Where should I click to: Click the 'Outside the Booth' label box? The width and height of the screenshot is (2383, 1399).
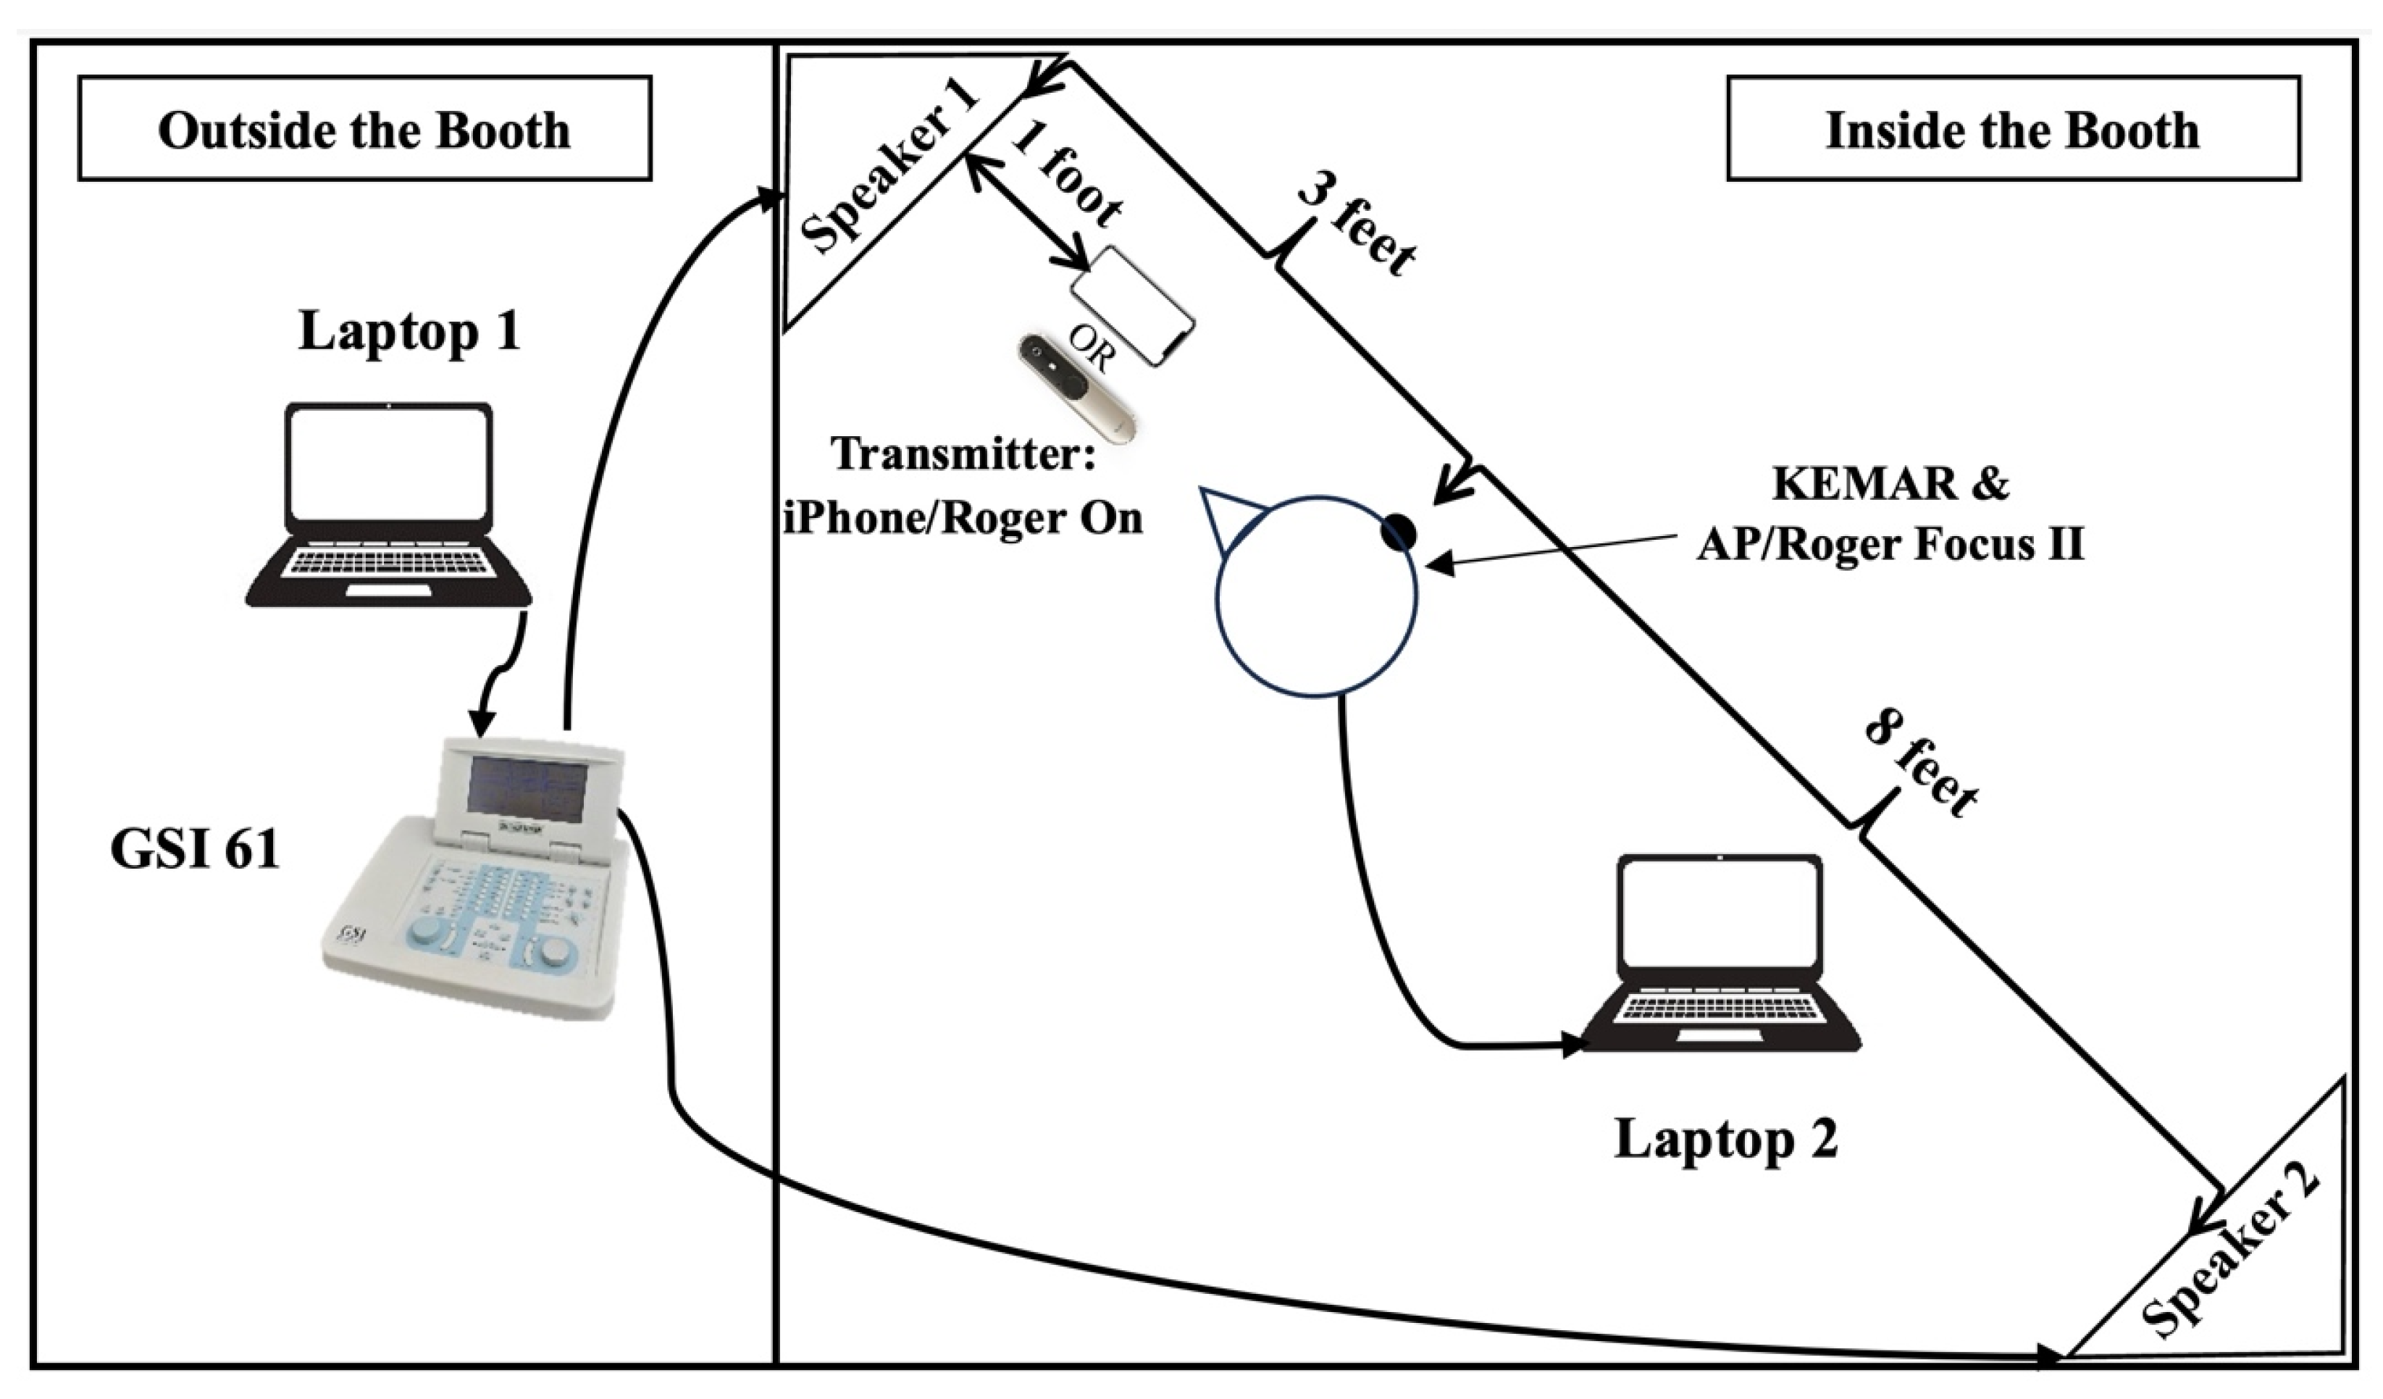pyautogui.click(x=364, y=129)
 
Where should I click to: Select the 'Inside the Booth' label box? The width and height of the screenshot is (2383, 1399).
pyautogui.click(x=2014, y=129)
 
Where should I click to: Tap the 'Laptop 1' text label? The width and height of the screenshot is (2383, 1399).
pyautogui.click(x=409, y=331)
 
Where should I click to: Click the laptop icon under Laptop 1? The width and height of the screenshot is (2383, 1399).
pyautogui.click(x=389, y=506)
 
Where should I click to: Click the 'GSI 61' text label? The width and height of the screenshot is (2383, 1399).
pyautogui.click(x=195, y=849)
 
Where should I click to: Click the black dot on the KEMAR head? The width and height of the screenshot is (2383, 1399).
pyautogui.click(x=1398, y=533)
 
